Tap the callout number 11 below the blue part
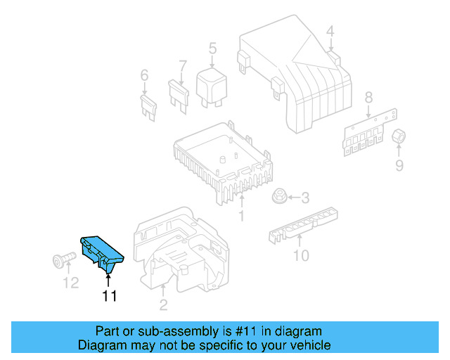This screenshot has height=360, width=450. point(109,296)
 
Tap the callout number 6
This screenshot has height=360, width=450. point(144,75)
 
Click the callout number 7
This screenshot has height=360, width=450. point(182,67)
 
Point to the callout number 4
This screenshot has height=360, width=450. point(330,30)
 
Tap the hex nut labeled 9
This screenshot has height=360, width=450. point(400,137)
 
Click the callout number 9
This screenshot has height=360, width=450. point(399,166)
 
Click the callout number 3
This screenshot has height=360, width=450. point(304,198)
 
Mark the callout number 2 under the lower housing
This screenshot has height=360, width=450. point(162,304)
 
